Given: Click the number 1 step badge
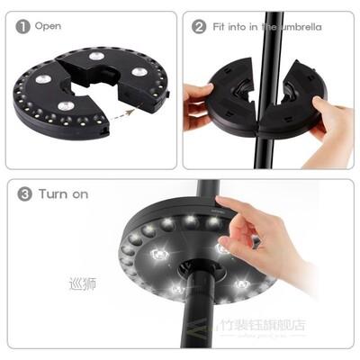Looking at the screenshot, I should click(22, 27).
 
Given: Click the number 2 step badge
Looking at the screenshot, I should click(199, 27).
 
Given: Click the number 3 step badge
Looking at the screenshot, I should click(25, 194).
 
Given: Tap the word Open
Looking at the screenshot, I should click(48, 27).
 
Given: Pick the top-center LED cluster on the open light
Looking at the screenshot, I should click(96, 57).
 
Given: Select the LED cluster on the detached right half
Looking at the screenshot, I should click(138, 71).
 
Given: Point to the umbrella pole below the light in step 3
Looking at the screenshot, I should click(195, 319).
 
